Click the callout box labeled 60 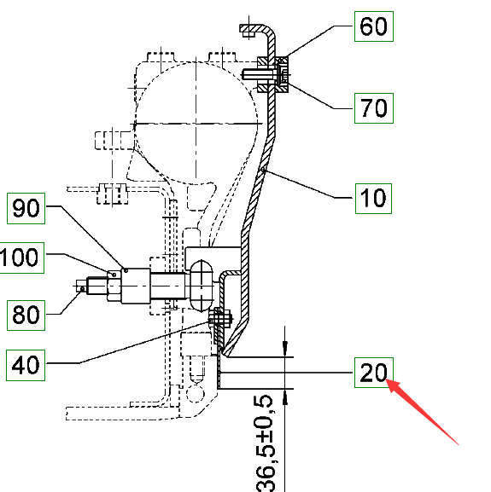point(373,26)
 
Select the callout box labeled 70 point(373,108)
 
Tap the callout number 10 point(373,199)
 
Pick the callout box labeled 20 point(373,373)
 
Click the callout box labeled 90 point(26,208)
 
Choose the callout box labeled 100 point(21,258)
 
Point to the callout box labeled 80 point(26,315)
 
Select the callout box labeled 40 point(26,365)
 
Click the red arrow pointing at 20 point(422,411)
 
